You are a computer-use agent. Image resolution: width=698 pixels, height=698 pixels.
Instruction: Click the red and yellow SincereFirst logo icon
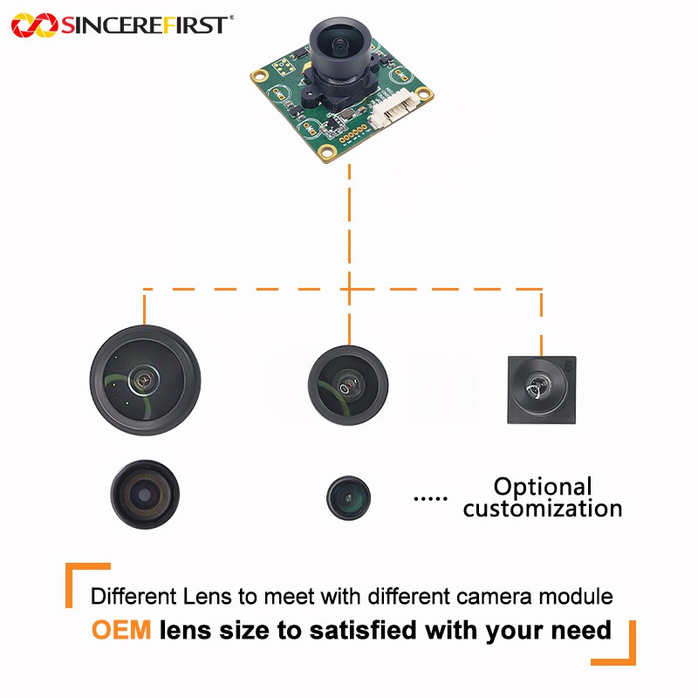click(34, 25)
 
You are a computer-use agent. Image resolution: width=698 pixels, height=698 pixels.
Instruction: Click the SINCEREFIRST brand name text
click(145, 25)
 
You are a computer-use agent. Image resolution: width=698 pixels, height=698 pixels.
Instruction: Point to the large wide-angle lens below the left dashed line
click(145, 380)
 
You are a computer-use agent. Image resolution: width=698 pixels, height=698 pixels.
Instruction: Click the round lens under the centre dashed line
click(348, 385)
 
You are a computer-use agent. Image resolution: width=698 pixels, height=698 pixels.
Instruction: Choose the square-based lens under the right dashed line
click(542, 389)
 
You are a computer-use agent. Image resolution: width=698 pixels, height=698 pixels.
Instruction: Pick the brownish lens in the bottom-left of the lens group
click(145, 494)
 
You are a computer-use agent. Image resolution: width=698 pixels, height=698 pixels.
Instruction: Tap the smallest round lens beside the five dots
click(348, 497)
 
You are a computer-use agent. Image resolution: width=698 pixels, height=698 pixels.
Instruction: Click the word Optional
click(543, 487)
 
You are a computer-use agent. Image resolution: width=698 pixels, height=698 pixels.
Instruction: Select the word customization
click(542, 509)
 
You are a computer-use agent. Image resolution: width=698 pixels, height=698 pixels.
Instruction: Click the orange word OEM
click(121, 630)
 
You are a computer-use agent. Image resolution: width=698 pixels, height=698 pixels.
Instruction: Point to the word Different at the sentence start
click(133, 596)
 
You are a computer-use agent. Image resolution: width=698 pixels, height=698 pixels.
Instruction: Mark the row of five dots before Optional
click(430, 498)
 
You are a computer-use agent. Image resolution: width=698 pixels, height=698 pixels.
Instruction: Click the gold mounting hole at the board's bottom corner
click(329, 152)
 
